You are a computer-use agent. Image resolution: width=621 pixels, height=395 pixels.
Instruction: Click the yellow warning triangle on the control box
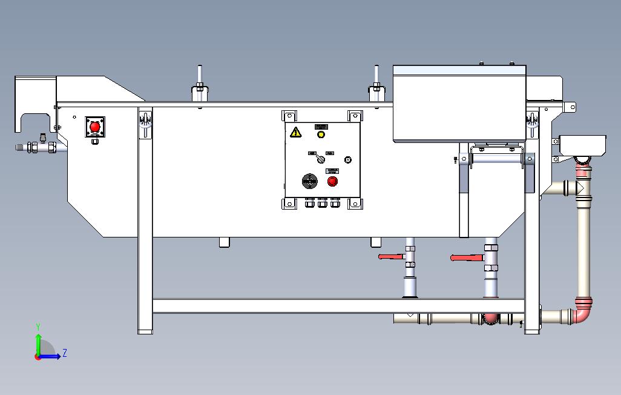click(x=295, y=132)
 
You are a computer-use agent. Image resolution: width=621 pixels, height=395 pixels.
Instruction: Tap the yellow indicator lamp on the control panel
click(x=321, y=134)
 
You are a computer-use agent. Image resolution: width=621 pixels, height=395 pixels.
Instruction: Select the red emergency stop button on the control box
click(x=332, y=181)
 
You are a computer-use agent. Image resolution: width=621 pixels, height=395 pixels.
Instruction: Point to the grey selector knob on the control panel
click(x=321, y=159)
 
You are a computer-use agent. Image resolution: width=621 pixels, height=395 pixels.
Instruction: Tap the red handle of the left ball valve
click(x=391, y=257)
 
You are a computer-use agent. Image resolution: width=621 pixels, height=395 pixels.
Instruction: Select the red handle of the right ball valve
click(x=465, y=258)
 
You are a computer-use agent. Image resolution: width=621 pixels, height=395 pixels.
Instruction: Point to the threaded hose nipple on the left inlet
click(x=24, y=147)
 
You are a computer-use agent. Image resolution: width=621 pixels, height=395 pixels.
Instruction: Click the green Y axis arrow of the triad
click(x=38, y=342)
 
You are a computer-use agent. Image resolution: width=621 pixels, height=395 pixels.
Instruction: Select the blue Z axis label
click(x=65, y=353)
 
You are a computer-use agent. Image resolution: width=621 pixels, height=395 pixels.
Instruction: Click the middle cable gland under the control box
click(x=322, y=203)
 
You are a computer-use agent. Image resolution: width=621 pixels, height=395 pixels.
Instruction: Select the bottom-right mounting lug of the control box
click(x=355, y=203)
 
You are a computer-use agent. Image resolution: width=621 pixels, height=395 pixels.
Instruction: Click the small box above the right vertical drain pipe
click(x=583, y=145)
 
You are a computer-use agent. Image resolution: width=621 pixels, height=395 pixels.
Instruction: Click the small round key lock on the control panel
click(x=347, y=160)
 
